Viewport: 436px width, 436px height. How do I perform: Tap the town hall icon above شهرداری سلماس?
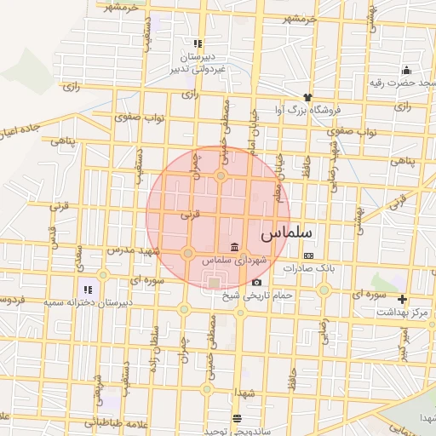point(234,246)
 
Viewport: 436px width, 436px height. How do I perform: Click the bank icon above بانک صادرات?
point(308,255)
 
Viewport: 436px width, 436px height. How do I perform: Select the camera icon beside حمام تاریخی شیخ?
point(256,282)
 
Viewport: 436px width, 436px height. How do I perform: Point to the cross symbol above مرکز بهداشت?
point(402,300)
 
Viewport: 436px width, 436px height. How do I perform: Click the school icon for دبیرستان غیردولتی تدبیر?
point(198,43)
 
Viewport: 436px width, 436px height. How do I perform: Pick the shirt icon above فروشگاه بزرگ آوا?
point(307,97)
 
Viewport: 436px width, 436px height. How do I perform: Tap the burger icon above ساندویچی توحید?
point(236,417)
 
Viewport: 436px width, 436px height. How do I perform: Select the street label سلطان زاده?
point(156,341)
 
